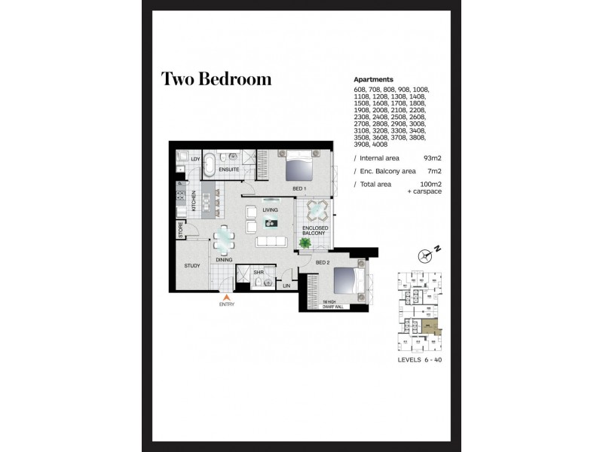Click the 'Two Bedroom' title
pos(216,79)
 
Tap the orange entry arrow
pos(226,297)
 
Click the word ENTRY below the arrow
pos(226,304)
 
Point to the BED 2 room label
pos(323,261)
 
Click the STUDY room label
pos(192,266)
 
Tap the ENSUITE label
pos(229,169)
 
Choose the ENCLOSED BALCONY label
pos(314,231)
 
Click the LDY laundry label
pos(194,159)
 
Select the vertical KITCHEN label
pos(194,200)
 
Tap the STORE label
pos(181,230)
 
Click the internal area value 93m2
pos(432,159)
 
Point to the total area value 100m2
pos(430,184)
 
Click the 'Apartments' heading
pos(373,79)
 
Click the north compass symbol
pos(430,255)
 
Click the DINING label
pos(223,260)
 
